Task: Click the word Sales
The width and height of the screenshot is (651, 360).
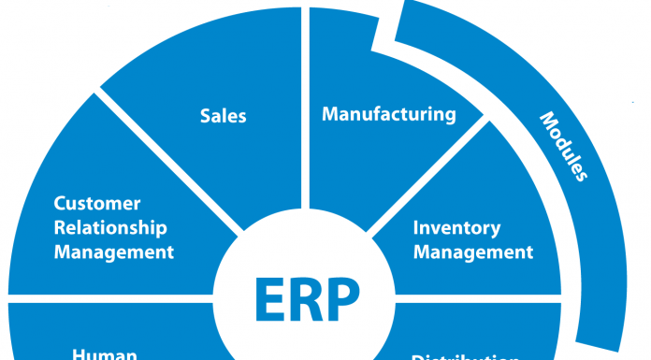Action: pos(223,116)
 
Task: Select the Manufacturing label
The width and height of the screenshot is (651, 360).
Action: pos(389,115)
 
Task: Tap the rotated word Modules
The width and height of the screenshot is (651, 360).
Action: pos(563,146)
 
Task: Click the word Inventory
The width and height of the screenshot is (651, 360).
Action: pos(456,228)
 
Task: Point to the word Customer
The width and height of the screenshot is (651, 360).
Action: pos(97,204)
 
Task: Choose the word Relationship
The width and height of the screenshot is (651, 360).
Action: pos(110,227)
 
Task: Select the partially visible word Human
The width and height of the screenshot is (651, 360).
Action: pos(105,354)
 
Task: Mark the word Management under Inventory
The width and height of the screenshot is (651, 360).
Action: pos(473,252)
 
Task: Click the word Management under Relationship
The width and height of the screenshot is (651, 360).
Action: pos(114,252)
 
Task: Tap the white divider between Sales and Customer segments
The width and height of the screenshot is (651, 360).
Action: pos(168,158)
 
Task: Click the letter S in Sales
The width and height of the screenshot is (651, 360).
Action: pos(205,116)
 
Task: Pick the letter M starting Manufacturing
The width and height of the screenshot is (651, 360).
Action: pos(329,115)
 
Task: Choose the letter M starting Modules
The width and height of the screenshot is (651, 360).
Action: pos(546,121)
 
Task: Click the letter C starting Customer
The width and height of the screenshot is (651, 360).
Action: pos(59,204)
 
